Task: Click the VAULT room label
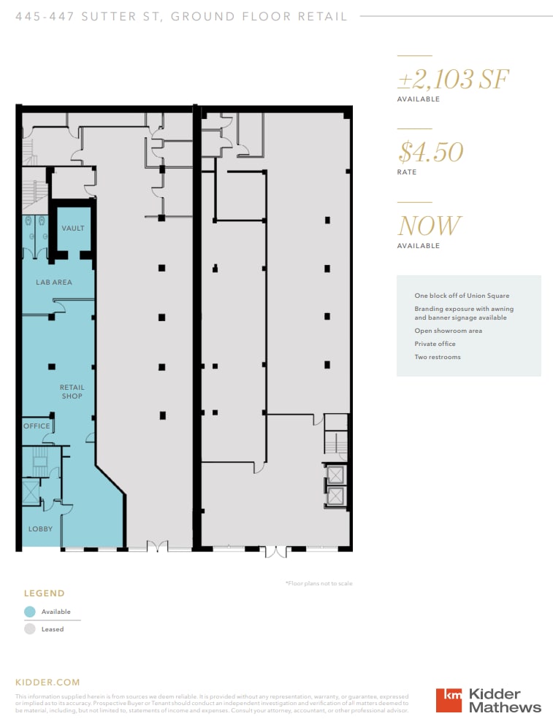click(x=72, y=228)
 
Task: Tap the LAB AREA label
click(x=54, y=282)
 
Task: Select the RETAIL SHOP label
click(x=72, y=392)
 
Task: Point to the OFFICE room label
click(x=37, y=426)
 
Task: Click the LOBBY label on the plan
click(x=40, y=528)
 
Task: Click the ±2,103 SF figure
click(x=453, y=79)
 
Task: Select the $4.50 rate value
click(x=431, y=152)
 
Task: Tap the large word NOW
click(x=430, y=226)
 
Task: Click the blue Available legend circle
click(x=30, y=612)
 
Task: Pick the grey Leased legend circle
click(x=30, y=628)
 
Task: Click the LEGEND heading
click(x=44, y=593)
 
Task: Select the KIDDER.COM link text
click(x=47, y=682)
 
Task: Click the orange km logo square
click(x=449, y=700)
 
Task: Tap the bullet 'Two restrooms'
click(x=438, y=357)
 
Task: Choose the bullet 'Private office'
click(x=435, y=344)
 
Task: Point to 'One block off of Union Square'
click(x=462, y=296)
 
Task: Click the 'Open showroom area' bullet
click(x=448, y=331)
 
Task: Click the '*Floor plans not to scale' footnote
click(x=319, y=583)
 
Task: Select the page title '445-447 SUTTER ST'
click(x=88, y=16)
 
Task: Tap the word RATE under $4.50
click(x=407, y=172)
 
